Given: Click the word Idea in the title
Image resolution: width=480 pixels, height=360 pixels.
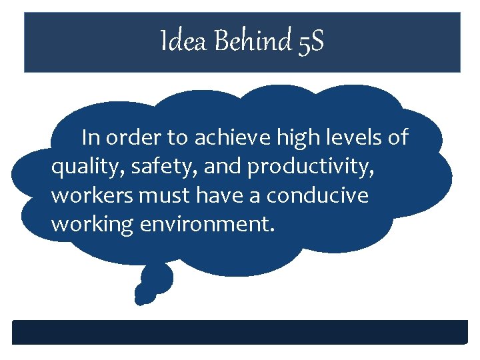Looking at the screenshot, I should pos(179,43).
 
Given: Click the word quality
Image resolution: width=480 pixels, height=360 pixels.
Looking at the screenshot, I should pos(81,169).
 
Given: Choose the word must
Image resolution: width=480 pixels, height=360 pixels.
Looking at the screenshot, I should pos(156,197).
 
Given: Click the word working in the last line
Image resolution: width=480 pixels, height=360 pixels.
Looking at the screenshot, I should pos(93,225).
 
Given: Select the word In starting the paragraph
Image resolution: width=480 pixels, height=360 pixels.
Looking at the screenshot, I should pos(91,139).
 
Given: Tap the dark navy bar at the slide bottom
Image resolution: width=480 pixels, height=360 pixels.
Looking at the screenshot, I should pos(240,332).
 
